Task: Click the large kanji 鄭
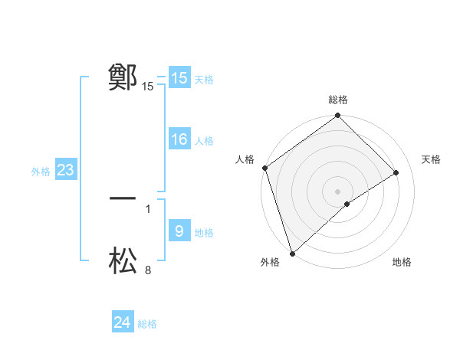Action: (123, 77)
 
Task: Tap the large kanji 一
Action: (123, 198)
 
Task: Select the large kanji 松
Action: (123, 260)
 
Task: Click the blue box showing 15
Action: (179, 78)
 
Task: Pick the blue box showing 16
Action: (179, 139)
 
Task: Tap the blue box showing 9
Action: (179, 231)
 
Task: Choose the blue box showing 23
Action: (65, 170)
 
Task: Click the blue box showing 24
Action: (123, 322)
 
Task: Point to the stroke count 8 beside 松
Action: (148, 270)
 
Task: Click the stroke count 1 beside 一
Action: (148, 208)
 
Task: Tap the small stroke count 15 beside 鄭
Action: (148, 87)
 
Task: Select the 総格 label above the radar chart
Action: (338, 100)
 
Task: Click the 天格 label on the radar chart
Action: (432, 159)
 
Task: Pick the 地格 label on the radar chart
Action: (402, 263)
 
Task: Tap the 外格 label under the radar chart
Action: (270, 263)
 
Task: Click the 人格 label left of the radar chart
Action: (245, 159)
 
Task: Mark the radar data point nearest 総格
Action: (338, 116)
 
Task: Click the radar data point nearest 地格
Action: (347, 204)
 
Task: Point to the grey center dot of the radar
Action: (338, 191)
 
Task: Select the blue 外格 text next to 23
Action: (41, 172)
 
